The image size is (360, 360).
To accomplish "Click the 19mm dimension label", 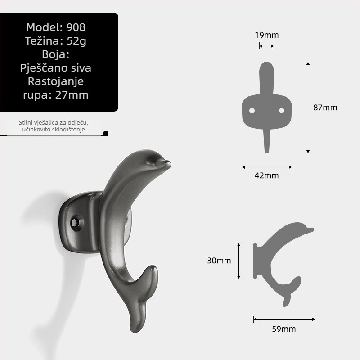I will coord(267,35).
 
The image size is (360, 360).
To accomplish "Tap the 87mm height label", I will coord(325,108).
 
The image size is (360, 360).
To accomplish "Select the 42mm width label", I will coord(267,175).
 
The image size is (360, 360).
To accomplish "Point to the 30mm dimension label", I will coord(219,261).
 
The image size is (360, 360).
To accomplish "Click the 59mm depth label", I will coord(284,329).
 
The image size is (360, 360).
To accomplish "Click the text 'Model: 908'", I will coord(56,27).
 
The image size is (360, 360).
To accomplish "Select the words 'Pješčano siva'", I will coord(56,68).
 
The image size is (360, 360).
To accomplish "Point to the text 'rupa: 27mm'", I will coord(56,95).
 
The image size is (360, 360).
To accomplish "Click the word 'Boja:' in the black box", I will coord(56,54).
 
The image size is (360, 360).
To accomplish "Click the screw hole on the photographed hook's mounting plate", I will coord(76,222).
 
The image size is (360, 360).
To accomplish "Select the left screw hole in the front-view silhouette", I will coord(252,110).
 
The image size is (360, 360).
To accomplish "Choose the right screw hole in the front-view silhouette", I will coord(282,110).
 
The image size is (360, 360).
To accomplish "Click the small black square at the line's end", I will coord(106,134).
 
